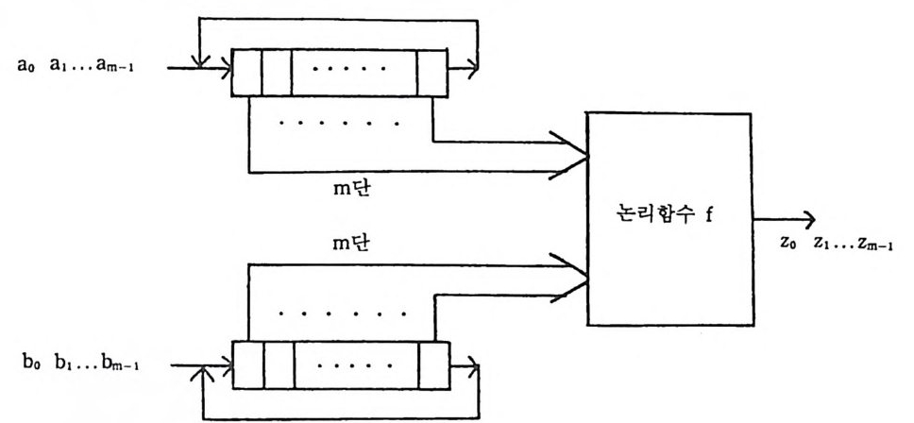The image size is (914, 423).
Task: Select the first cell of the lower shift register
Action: point(247,360)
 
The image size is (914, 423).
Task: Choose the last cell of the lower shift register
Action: point(432,360)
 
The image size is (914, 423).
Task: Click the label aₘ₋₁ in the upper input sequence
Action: point(122,70)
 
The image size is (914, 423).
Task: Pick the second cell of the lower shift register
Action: point(278,360)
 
